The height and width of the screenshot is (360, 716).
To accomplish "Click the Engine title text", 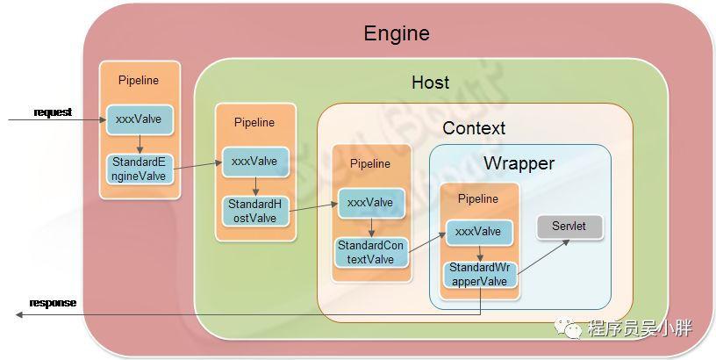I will pyautogui.click(x=397, y=34).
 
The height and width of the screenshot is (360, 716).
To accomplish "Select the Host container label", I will pyautogui.click(x=430, y=83).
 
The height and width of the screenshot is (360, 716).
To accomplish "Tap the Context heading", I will pyautogui.click(x=474, y=128).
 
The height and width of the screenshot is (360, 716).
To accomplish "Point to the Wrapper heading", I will pyautogui.click(x=519, y=163).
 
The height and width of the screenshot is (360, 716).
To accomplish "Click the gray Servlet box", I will pyautogui.click(x=569, y=227).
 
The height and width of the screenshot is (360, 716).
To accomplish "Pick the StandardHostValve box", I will pyautogui.click(x=254, y=211).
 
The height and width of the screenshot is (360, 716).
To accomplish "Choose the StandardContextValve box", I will pyautogui.click(x=369, y=252).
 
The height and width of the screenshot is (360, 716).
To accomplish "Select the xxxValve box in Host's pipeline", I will pyautogui.click(x=254, y=162).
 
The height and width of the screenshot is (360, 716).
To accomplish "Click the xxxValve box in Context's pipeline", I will pyautogui.click(x=369, y=203).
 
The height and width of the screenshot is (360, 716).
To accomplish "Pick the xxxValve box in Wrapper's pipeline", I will pyautogui.click(x=480, y=232).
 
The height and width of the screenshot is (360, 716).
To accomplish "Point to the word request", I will pyautogui.click(x=53, y=112).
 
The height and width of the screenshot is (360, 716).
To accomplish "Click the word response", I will pyautogui.click(x=53, y=304).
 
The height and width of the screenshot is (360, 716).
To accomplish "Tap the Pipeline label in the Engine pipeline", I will pyautogui.click(x=139, y=81).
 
